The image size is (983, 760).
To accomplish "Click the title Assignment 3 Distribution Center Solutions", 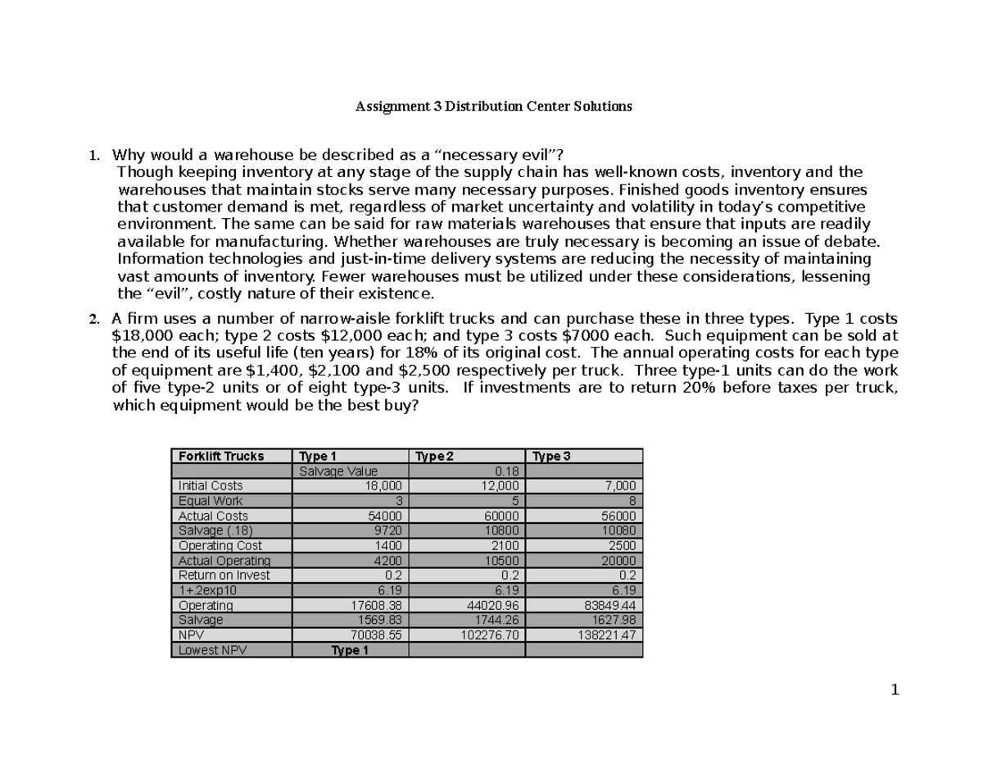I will [x=493, y=107].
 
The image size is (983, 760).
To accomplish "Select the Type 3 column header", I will [x=553, y=456].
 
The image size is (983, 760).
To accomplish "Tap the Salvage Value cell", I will [x=338, y=471].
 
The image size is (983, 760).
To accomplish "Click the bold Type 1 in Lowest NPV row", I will [x=350, y=650].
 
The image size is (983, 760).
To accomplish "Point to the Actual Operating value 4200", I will [x=388, y=561].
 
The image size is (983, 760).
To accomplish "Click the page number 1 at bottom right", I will [x=895, y=690].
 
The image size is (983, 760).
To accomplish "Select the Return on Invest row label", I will [x=224, y=576].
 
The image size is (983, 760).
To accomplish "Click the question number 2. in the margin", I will [x=93, y=319].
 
